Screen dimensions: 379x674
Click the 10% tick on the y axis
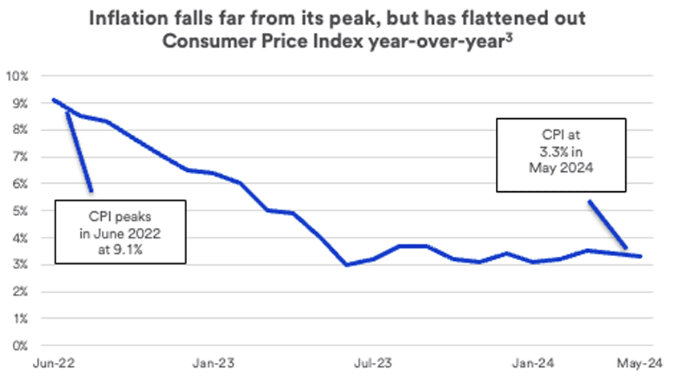click(x=17, y=76)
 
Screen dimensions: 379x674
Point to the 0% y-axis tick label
click(x=19, y=346)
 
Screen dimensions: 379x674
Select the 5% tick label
click(x=19, y=211)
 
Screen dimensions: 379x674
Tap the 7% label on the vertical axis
click(x=19, y=157)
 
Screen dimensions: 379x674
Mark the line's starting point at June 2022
click(x=53, y=100)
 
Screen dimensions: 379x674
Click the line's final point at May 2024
click(x=640, y=256)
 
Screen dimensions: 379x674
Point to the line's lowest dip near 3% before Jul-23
click(x=346, y=264)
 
